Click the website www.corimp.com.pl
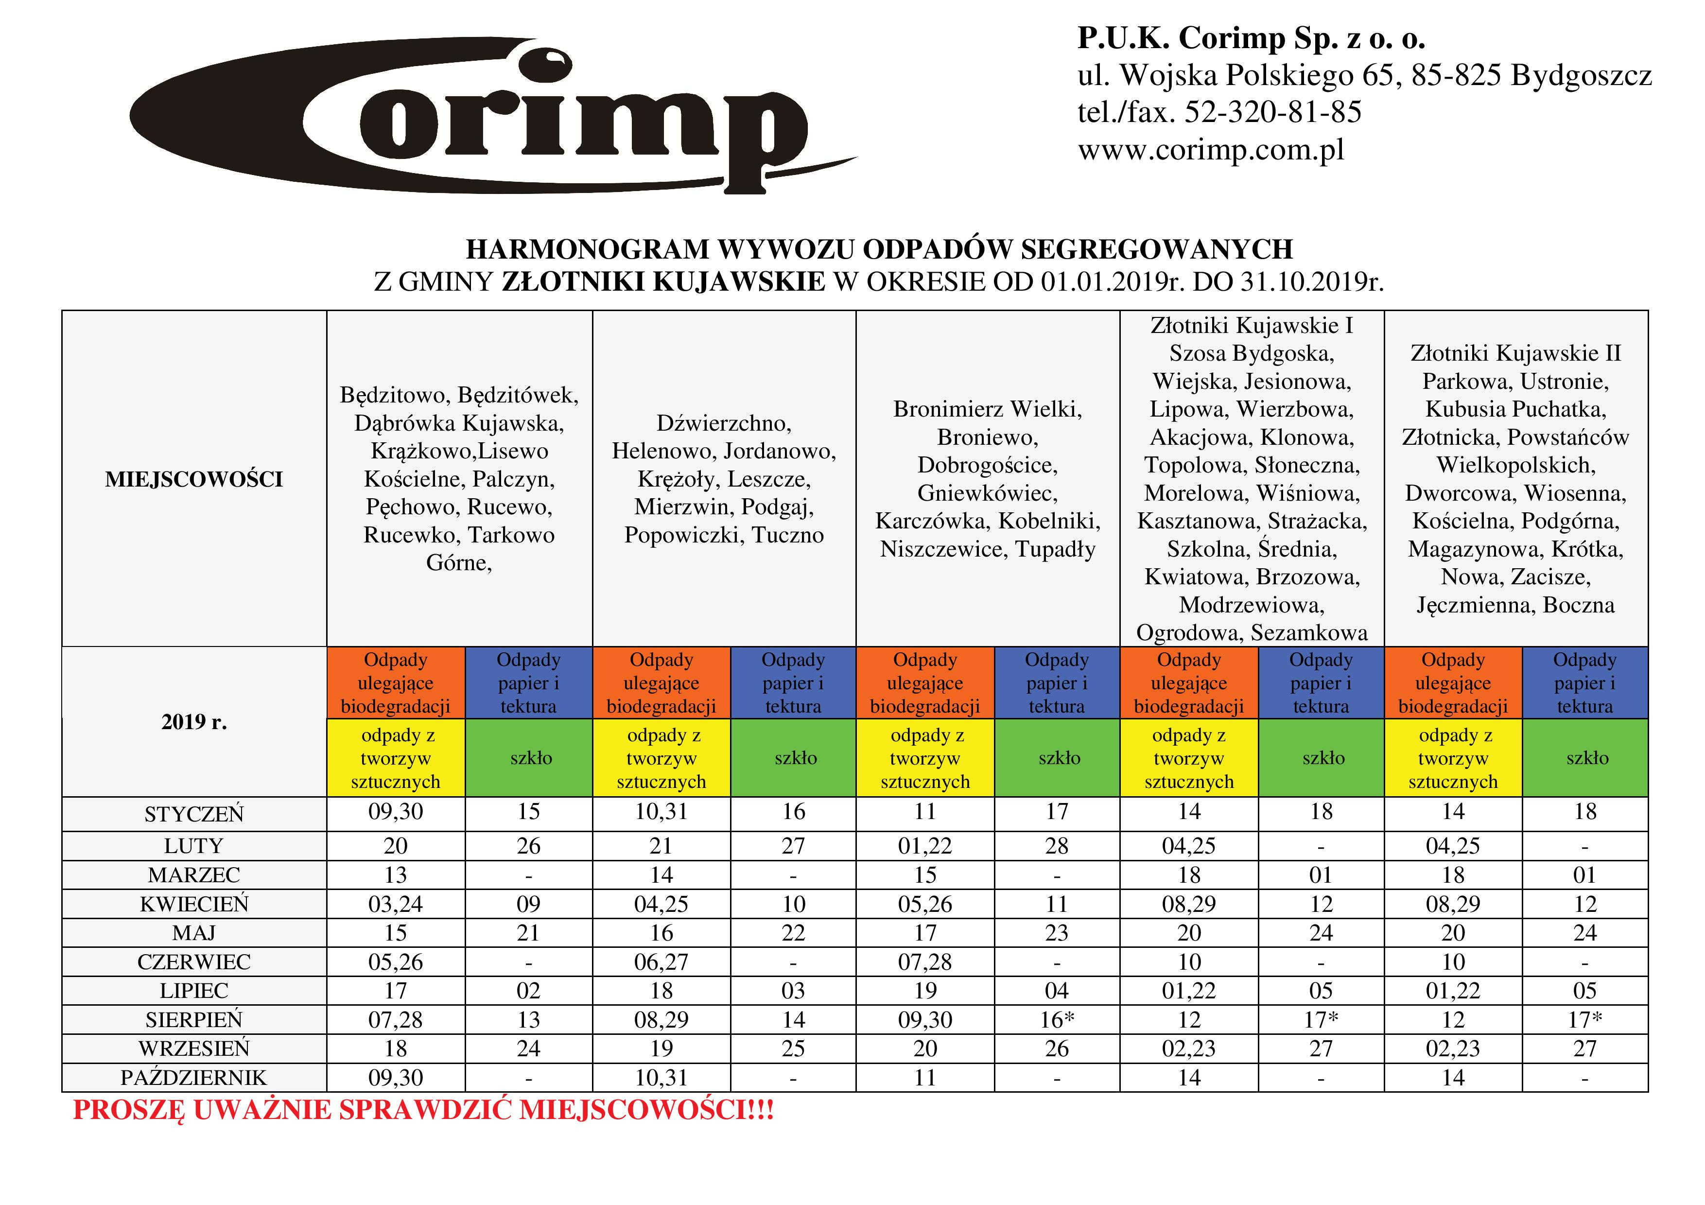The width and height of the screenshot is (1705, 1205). (x=1210, y=151)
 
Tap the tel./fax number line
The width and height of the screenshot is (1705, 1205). (x=1219, y=113)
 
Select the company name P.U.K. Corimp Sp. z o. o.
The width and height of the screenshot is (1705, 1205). (x=1251, y=38)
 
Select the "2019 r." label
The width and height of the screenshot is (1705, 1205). (x=194, y=722)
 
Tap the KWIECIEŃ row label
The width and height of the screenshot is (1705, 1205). (x=194, y=904)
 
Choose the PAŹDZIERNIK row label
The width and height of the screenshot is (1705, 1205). (x=194, y=1077)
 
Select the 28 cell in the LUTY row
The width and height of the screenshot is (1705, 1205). (x=1057, y=846)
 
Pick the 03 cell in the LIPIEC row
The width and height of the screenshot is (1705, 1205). (x=793, y=991)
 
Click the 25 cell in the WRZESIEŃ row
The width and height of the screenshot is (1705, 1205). (x=793, y=1048)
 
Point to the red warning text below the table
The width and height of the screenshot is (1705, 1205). (x=423, y=1111)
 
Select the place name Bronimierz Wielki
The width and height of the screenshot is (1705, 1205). (x=987, y=409)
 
